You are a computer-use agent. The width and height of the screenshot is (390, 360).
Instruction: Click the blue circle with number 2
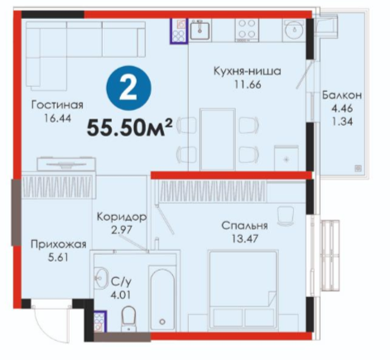coord(128,88)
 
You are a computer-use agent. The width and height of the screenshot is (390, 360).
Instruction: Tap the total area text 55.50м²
coord(130,127)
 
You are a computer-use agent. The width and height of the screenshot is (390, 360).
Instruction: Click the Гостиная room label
coord(57,105)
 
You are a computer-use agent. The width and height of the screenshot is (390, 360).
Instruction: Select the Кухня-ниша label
coord(248,71)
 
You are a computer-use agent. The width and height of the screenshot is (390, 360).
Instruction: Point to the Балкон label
coord(342,95)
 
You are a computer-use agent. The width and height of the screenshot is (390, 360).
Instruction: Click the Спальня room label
coord(244,225)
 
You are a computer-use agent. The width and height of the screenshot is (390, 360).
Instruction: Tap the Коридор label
coord(122,217)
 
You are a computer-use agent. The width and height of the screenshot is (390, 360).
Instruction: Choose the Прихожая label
coord(59,244)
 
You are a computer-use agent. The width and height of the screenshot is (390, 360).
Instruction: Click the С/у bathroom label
coord(121,281)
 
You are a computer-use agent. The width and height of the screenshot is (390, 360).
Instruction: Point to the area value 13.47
coord(245,238)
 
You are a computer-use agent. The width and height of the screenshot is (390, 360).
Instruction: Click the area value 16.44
coord(57,118)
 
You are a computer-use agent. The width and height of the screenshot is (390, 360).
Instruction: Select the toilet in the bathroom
coord(129,319)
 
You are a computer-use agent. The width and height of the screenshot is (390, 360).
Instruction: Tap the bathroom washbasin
coord(100,278)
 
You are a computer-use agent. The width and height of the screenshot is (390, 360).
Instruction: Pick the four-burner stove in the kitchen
coord(247,30)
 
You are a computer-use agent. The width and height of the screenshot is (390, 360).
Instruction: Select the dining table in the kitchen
coord(218,139)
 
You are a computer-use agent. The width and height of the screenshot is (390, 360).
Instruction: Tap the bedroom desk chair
coord(286,215)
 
